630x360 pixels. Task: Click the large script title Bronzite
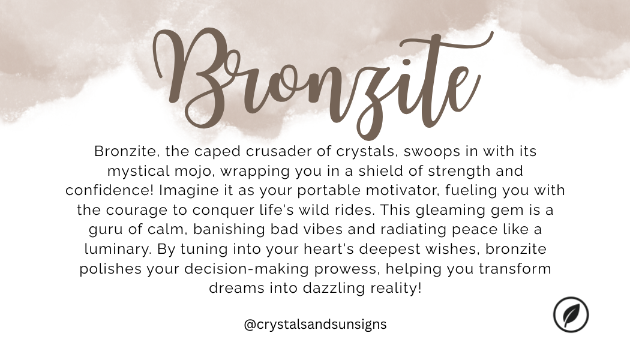(x=315, y=78)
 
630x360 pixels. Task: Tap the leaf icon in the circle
(x=571, y=315)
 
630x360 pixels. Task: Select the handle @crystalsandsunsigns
(x=315, y=325)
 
